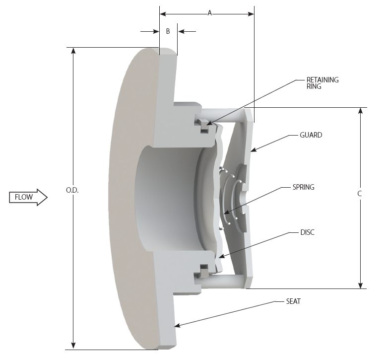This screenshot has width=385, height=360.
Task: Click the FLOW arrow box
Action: click(28, 197)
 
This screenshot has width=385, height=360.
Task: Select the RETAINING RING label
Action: click(322, 83)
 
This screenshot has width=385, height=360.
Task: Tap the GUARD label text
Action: click(311, 135)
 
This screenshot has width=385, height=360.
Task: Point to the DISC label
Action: click(307, 232)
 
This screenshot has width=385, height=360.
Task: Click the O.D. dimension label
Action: click(72, 191)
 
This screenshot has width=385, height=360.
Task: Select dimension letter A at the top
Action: click(209, 13)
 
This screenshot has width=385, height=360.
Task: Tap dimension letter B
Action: click(168, 31)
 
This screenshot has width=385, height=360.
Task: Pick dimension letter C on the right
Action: click(359, 194)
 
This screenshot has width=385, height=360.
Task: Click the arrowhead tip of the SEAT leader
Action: click(176, 326)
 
